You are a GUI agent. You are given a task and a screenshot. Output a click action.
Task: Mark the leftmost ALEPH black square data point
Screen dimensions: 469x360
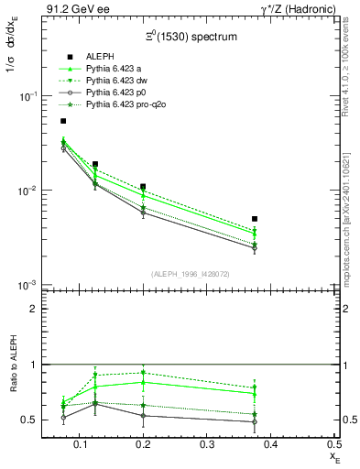tap(63, 121)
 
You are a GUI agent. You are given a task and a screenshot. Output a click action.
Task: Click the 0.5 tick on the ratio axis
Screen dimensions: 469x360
tap(30, 420)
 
